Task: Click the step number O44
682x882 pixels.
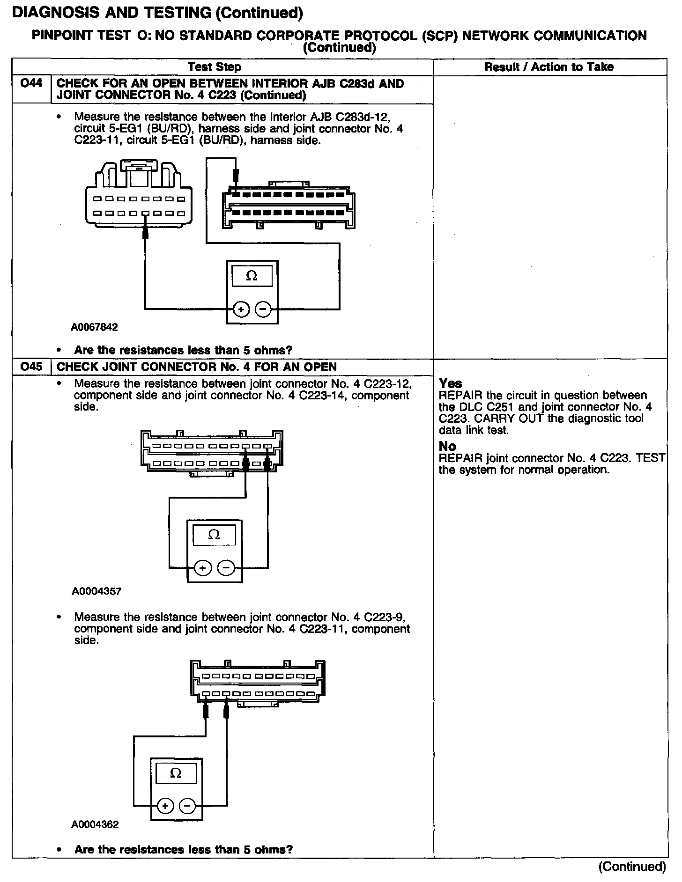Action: coord(31,84)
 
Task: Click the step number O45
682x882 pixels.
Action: coord(31,367)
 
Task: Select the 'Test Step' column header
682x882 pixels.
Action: coord(215,67)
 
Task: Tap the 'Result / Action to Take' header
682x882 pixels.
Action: coord(549,67)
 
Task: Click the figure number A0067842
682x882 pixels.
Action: coord(95,327)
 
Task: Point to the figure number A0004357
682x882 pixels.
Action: coord(96,591)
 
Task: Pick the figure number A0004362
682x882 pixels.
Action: coord(95,825)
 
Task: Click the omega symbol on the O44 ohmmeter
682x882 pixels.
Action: coord(252,276)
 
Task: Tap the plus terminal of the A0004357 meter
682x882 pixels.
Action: coord(202,568)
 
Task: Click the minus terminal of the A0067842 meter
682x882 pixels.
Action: coord(263,309)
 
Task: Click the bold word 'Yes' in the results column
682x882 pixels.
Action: coord(451,384)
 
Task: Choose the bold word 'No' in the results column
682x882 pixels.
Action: coord(447,446)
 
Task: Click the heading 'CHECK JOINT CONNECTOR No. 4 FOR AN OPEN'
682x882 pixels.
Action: coord(197,367)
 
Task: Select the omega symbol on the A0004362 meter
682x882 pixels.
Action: coord(176,773)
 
